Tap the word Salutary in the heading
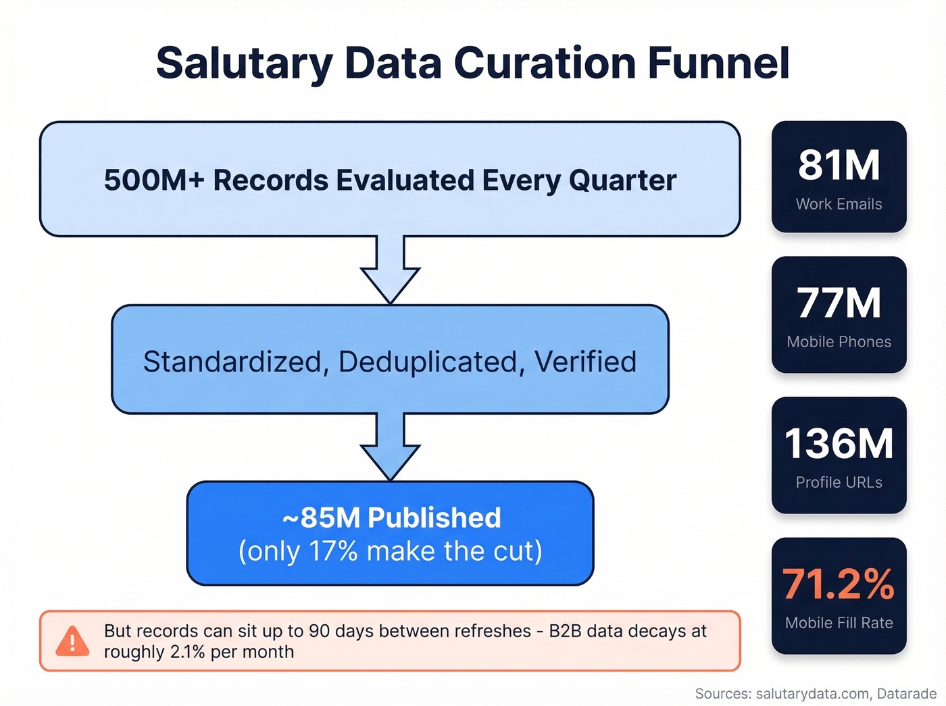pos(244,64)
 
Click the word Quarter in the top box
pos(622,180)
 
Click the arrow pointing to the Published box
pos(390,447)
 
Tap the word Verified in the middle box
pos(585,361)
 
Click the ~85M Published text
pos(391,518)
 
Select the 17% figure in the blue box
pos(333,551)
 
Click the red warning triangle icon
pos(72,641)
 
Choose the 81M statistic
pos(839,165)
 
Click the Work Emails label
pos(839,204)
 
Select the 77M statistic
pos(839,303)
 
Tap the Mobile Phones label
pos(839,342)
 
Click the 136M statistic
pos(839,443)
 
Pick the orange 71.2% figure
pos(839,584)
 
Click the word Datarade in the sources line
pos(907,694)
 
